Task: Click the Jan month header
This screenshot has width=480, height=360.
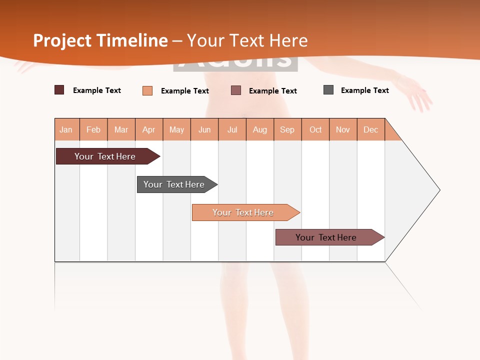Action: click(x=66, y=129)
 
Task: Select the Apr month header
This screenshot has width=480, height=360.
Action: click(x=149, y=129)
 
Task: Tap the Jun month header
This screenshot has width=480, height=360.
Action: click(x=204, y=129)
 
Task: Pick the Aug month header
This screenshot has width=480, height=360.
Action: click(x=260, y=129)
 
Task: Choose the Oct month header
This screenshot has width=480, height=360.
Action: click(x=315, y=129)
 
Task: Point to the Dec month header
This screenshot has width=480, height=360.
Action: click(x=370, y=129)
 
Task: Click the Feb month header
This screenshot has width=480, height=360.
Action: click(x=93, y=129)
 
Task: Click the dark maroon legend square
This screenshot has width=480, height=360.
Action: click(x=59, y=90)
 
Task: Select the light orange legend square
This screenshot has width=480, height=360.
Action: click(x=147, y=90)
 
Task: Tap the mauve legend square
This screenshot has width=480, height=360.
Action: click(x=236, y=90)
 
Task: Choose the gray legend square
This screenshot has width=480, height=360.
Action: click(x=328, y=90)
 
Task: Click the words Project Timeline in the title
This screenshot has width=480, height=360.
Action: click(x=100, y=40)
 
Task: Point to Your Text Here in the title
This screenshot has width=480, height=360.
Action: click(x=247, y=40)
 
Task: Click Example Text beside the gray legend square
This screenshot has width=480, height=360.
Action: click(x=364, y=90)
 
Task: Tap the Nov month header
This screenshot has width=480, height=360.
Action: click(x=343, y=129)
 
